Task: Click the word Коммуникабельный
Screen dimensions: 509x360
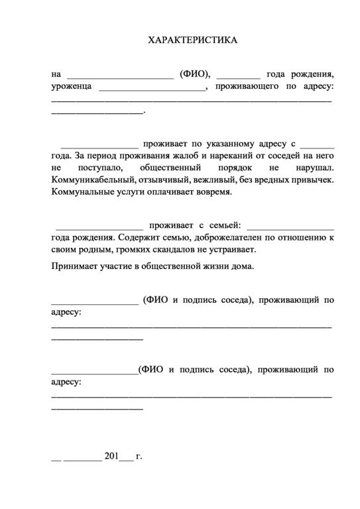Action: [92, 180]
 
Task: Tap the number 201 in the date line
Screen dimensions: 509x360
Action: [111, 456]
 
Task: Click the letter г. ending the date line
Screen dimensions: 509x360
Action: [139, 456]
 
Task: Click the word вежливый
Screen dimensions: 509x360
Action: [221, 180]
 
